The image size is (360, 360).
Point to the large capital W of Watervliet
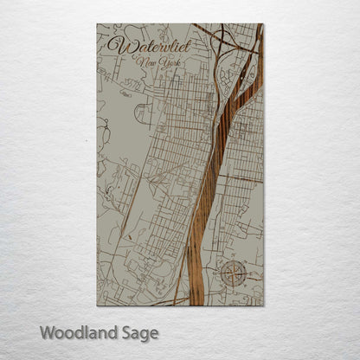coord(114,43)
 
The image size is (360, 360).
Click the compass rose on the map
coord(234,273)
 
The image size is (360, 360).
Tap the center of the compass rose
coord(234,273)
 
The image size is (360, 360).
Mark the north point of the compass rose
coord(234,260)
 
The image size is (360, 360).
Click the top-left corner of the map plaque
coord(97,24)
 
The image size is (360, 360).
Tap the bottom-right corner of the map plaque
coord(263,305)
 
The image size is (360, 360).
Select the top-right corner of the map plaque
coord(263,24)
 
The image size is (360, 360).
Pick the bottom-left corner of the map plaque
coord(97,305)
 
